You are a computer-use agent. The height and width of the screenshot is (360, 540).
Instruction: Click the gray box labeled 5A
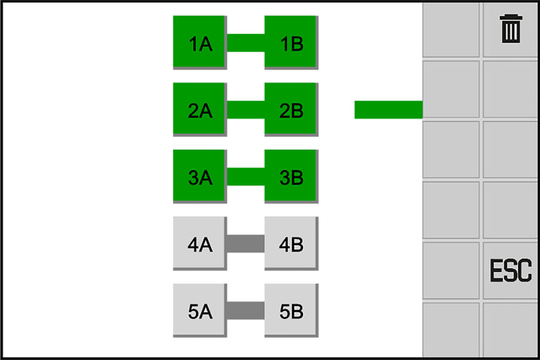click(x=199, y=311)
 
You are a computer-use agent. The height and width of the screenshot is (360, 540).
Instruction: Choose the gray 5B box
click(x=290, y=311)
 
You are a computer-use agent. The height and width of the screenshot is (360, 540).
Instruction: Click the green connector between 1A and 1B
click(x=245, y=43)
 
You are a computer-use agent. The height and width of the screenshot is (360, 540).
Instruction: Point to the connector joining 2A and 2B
click(x=245, y=110)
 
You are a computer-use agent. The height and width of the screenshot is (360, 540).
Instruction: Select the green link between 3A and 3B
click(x=245, y=177)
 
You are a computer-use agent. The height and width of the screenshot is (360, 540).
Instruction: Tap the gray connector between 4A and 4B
click(x=245, y=244)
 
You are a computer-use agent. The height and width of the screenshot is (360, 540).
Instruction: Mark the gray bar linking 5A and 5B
click(x=245, y=311)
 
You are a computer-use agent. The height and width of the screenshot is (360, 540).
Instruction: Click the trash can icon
click(x=511, y=29)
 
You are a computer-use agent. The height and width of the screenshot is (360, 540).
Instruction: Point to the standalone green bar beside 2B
click(x=388, y=110)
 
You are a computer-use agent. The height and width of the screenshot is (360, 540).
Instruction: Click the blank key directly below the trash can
click(x=511, y=89)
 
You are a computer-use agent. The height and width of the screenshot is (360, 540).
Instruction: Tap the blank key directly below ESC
click(x=511, y=329)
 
